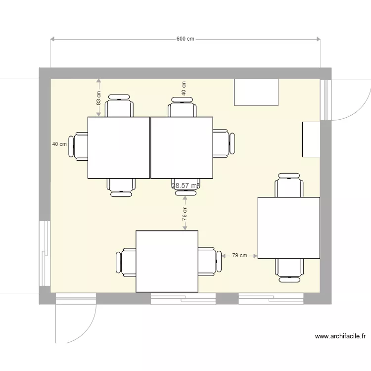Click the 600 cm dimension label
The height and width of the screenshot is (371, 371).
point(185,39)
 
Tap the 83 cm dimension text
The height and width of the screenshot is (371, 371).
point(99,98)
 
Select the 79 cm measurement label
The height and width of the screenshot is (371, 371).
point(240,256)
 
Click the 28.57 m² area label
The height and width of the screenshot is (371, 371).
point(185,186)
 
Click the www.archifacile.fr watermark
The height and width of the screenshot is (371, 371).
point(340,336)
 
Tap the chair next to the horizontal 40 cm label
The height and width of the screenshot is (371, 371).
point(79,146)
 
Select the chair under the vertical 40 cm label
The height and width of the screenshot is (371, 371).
point(182,107)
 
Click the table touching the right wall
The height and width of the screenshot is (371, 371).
point(288,228)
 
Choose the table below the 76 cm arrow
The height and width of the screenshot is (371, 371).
point(167,261)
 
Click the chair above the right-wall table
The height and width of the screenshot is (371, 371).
point(289,185)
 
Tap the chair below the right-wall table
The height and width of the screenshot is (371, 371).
point(289,270)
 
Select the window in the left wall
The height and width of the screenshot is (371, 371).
point(45,253)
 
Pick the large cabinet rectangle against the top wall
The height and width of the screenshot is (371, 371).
point(256,92)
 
